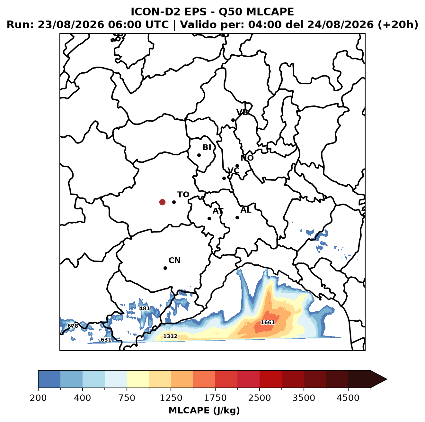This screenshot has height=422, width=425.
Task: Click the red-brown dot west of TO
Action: (x=162, y=202)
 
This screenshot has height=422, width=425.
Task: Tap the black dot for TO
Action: (x=174, y=202)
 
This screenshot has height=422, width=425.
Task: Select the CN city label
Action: (x=174, y=261)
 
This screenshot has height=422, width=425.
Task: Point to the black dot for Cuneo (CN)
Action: (x=165, y=268)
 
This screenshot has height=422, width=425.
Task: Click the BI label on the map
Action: (x=207, y=147)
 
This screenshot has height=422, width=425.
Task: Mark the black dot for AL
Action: (x=237, y=217)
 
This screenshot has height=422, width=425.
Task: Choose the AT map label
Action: (x=218, y=211)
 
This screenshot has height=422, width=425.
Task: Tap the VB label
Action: (x=243, y=112)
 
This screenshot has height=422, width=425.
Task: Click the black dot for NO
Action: (x=237, y=166)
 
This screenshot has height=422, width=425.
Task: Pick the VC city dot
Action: (x=224, y=178)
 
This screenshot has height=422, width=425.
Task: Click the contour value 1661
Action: (x=268, y=322)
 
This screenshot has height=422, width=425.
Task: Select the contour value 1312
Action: (x=170, y=336)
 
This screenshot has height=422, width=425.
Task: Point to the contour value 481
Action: (x=145, y=308)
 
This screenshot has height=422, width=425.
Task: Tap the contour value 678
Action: (x=73, y=326)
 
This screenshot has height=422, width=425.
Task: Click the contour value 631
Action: (x=106, y=340)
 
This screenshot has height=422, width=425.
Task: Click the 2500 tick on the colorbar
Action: (x=260, y=398)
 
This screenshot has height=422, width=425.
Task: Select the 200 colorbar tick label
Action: (x=38, y=398)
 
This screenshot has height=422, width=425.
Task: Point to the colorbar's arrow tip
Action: (x=387, y=380)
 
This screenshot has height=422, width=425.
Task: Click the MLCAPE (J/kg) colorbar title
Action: (x=204, y=410)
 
